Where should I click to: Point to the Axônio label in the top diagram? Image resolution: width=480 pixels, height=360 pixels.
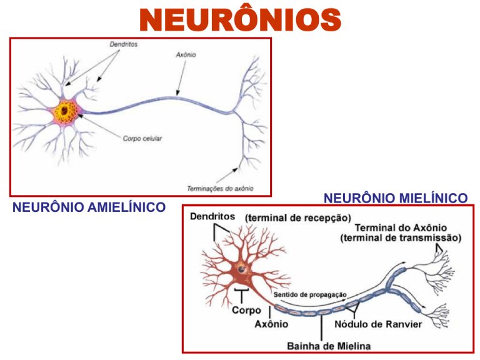(x=185, y=55)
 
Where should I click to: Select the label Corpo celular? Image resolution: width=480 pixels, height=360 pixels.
(x=142, y=138)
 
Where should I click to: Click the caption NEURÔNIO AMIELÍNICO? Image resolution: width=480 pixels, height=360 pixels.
(x=89, y=206)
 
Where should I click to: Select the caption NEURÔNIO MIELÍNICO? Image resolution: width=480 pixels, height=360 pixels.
(x=395, y=198)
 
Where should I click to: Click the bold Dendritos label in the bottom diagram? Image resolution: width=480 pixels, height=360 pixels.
(x=212, y=216)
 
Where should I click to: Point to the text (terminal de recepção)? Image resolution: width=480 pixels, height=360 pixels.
(x=297, y=217)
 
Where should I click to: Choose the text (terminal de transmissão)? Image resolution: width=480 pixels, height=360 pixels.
(x=401, y=237)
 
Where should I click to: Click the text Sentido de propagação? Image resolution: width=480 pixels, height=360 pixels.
(x=310, y=294)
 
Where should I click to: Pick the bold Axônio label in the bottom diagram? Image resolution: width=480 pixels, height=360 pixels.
(x=271, y=324)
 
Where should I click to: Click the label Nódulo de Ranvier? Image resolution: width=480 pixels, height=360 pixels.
(x=378, y=324)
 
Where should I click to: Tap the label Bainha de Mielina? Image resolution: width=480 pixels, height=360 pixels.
(x=328, y=345)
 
